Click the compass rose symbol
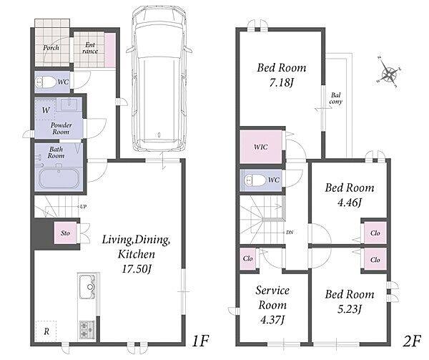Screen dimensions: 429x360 pos(388,72)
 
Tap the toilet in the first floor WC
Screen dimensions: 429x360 pos(45,82)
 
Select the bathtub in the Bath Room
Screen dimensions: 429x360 pos(59,178)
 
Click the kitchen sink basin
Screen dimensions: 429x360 pos(87,286)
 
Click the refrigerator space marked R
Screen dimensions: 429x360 pos(46,331)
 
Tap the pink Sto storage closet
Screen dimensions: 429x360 pos(65,233)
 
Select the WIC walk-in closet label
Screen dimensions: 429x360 pos(261,147)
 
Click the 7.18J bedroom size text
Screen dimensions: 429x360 pos(281,82)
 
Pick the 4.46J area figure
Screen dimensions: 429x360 pos(350,203)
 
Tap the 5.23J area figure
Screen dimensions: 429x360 pos(350,309)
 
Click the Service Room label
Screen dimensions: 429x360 pos(272,298)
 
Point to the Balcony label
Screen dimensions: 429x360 pos(336,98)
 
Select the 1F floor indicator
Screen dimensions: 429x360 pos(200,341)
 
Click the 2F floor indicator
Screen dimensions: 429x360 pos(412,341)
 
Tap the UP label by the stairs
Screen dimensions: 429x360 pos(84,207)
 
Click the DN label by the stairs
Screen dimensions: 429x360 pos(290,233)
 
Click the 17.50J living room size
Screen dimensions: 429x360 pos(137,269)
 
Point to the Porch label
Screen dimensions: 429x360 pos(51,48)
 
